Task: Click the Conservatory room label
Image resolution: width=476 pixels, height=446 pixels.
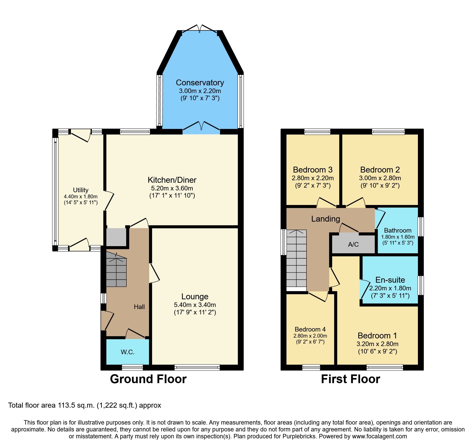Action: [200, 83]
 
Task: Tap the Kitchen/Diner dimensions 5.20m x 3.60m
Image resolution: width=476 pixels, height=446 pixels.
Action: [172, 188]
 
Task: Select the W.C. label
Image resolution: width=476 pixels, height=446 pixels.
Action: [127, 352]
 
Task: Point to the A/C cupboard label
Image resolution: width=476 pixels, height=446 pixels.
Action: [353, 244]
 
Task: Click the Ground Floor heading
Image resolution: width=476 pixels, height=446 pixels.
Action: [148, 379]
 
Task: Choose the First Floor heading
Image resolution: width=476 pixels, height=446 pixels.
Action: [350, 379]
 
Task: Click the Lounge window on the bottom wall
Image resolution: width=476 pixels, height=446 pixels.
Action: [197, 367]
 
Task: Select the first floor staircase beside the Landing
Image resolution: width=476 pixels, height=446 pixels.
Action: [296, 258]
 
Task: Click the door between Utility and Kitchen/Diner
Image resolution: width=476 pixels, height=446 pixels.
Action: [109, 201]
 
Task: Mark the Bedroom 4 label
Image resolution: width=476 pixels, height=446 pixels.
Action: [310, 329]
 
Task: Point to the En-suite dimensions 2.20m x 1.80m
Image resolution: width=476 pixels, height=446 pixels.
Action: [390, 288]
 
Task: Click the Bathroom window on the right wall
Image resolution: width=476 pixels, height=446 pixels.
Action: [420, 226]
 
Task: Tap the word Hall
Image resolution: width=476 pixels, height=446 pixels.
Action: [139, 307]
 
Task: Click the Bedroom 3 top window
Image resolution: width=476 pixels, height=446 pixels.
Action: [317, 132]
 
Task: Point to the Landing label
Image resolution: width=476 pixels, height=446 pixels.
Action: [326, 219]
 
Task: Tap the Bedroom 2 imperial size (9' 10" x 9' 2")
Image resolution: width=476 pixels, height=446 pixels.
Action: [380, 185]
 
